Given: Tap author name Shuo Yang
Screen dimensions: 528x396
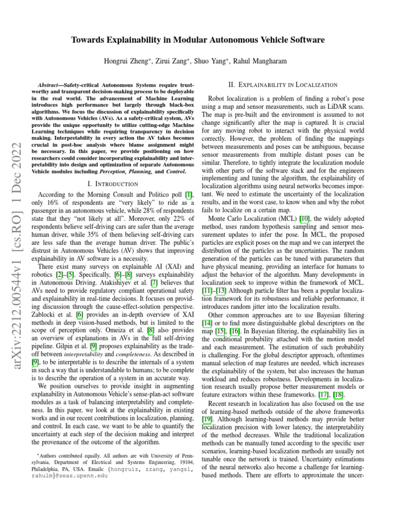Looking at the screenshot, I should point(213,61).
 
